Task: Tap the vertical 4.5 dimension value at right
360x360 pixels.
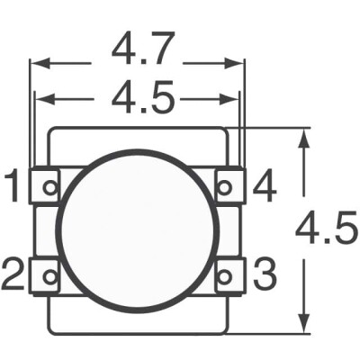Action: coord(327,232)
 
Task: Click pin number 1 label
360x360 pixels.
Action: coord(12,189)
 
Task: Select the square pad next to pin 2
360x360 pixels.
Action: coord(46,274)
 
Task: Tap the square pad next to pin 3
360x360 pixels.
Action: coord(229,274)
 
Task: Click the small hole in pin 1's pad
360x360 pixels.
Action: coord(50,188)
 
